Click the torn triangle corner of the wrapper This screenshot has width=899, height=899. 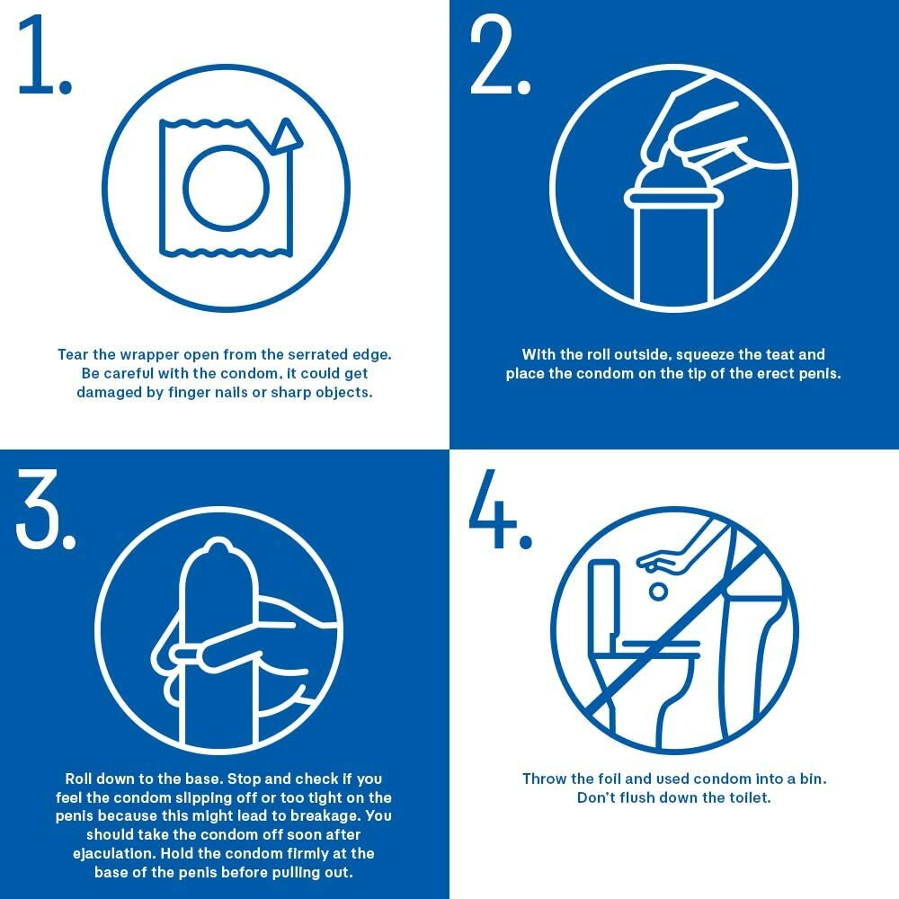pos(288,137)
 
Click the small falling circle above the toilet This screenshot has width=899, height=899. pos(658,592)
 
